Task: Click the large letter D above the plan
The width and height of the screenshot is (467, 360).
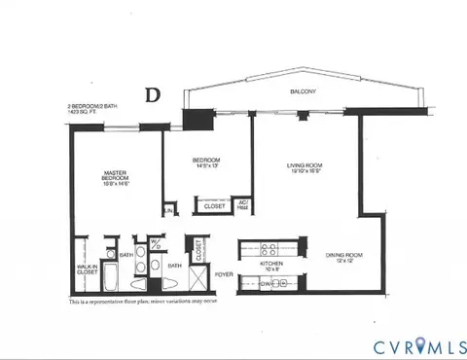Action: (153, 94)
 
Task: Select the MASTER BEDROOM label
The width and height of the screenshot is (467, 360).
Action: (117, 178)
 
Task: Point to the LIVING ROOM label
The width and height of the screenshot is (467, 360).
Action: (304, 166)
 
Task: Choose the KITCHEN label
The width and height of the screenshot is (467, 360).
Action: (269, 264)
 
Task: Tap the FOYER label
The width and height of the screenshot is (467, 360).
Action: (224, 260)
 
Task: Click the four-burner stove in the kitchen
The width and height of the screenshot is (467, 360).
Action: (270, 245)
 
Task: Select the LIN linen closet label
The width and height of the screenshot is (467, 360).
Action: (168, 210)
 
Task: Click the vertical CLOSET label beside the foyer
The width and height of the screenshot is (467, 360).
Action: (198, 251)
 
